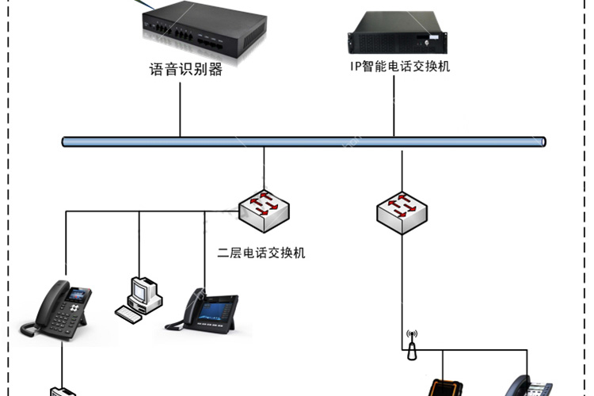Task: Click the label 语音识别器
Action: (185, 70)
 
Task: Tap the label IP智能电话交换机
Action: (400, 67)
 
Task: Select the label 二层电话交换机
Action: (261, 253)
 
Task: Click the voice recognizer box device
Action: (204, 32)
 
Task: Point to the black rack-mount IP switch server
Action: (398, 33)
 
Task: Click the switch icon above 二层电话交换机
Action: (264, 211)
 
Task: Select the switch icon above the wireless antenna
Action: (402, 213)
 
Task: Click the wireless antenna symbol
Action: (412, 345)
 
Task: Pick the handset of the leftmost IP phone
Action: (45, 308)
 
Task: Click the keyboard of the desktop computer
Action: (128, 314)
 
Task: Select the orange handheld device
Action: (445, 387)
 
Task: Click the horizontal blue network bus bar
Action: (304, 142)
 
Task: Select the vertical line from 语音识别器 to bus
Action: (180, 110)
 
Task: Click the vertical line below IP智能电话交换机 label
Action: (394, 106)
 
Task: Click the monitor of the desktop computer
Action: (139, 291)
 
